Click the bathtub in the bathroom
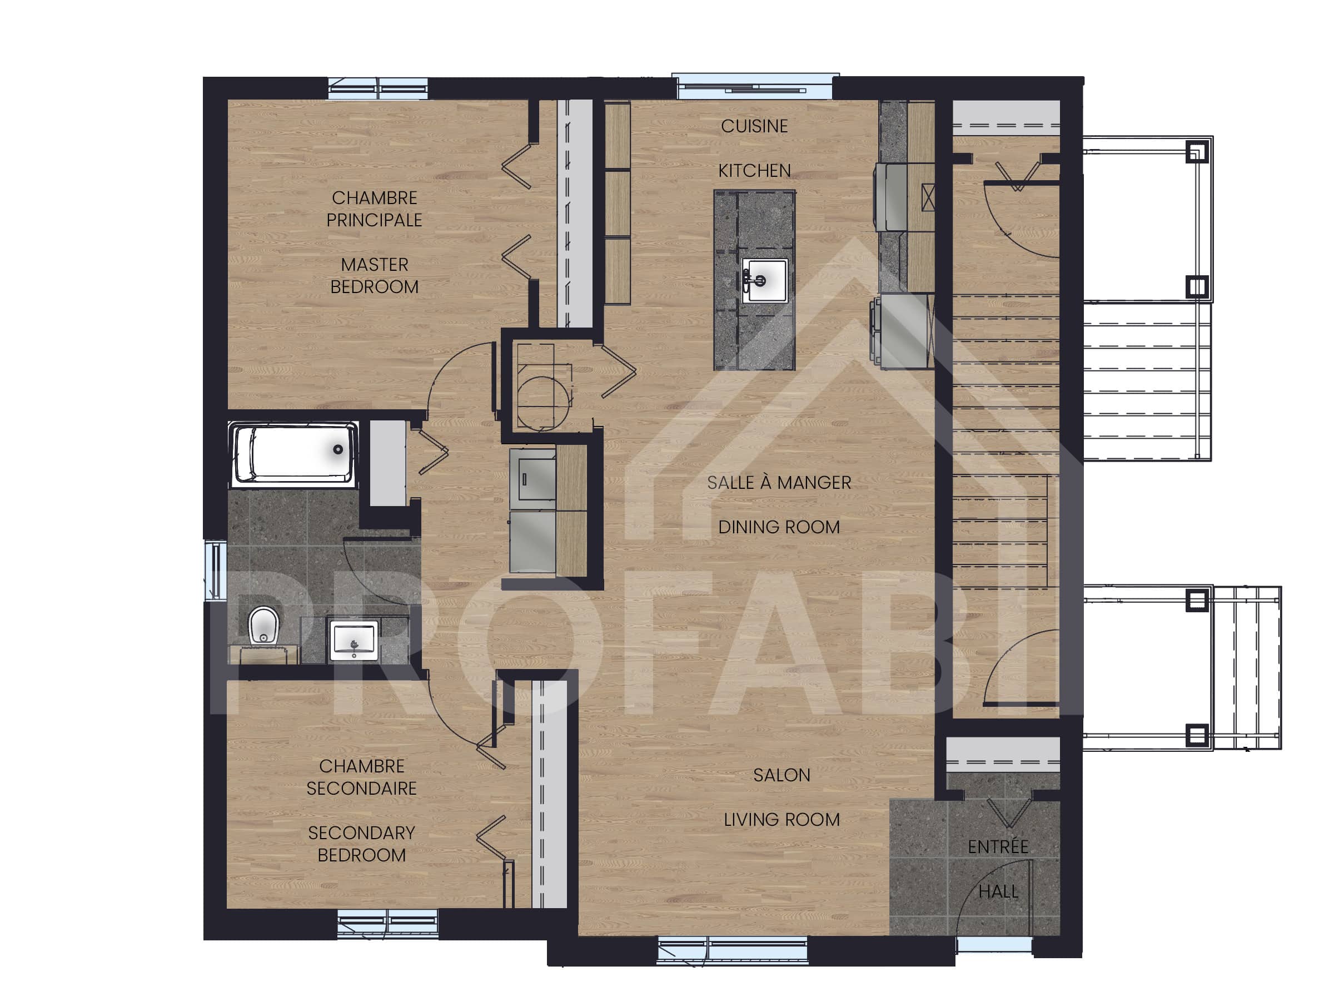tap(293, 454)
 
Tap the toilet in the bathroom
tap(263, 625)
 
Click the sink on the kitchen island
tap(764, 280)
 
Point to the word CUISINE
tap(754, 126)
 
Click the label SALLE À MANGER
tap(779, 483)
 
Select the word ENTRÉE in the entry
tap(998, 846)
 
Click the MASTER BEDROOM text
tap(374, 276)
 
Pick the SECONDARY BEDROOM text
tap(361, 844)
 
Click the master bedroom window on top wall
tap(377, 88)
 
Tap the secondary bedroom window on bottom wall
tap(387, 924)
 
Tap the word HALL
tap(998, 891)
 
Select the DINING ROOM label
tap(779, 527)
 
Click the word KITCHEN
tap(754, 171)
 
